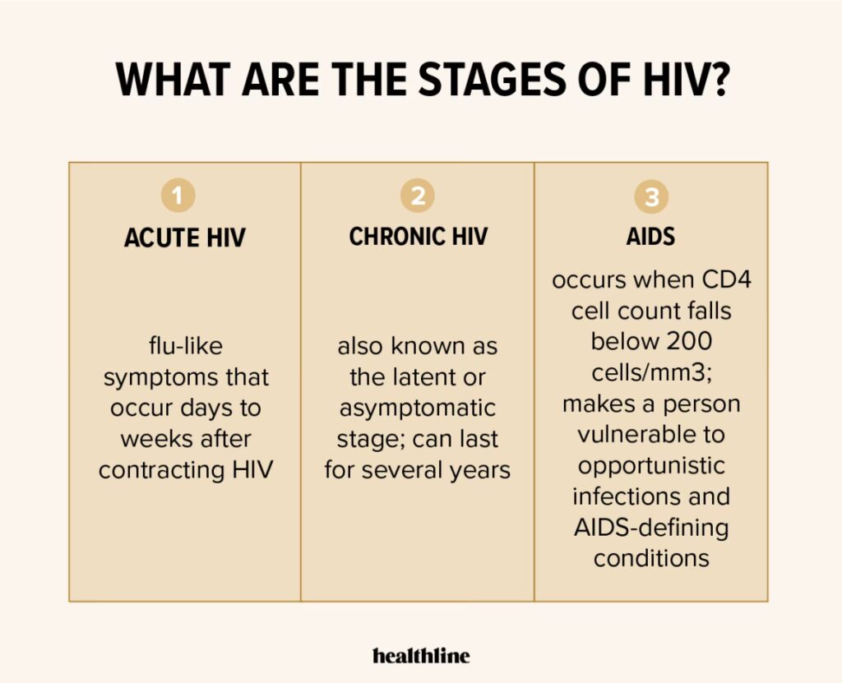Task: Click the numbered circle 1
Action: pos(178,196)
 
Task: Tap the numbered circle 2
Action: pos(417,196)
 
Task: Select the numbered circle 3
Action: pos(651,196)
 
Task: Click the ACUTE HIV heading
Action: pos(185,238)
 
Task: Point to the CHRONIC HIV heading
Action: pos(419,237)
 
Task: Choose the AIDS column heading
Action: pos(651,237)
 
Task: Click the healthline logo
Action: pos(421,655)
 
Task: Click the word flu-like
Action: pos(186,346)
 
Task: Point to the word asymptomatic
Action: pos(417,408)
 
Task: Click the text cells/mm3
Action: pos(652,372)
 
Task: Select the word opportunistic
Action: pos(651,466)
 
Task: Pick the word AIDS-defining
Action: pos(651,528)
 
